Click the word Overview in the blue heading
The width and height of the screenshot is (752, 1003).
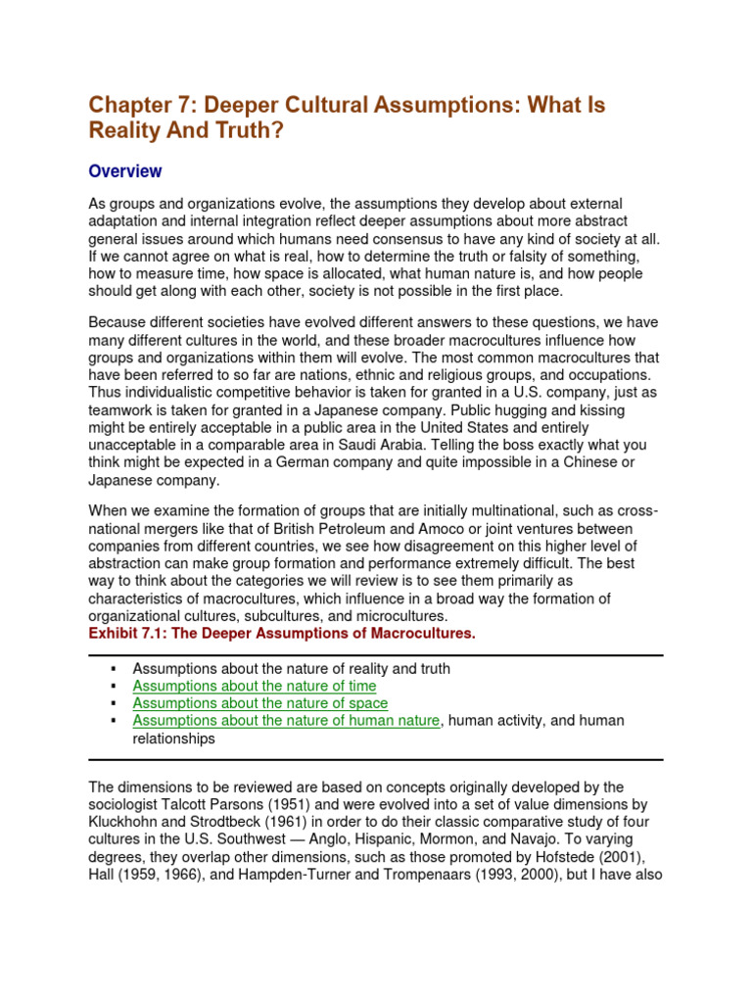pos(125,171)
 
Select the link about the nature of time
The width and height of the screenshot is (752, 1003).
pos(254,686)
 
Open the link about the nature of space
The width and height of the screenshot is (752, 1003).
pos(259,703)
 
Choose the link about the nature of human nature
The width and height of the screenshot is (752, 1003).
pos(286,721)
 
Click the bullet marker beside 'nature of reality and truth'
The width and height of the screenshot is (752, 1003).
pos(114,668)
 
